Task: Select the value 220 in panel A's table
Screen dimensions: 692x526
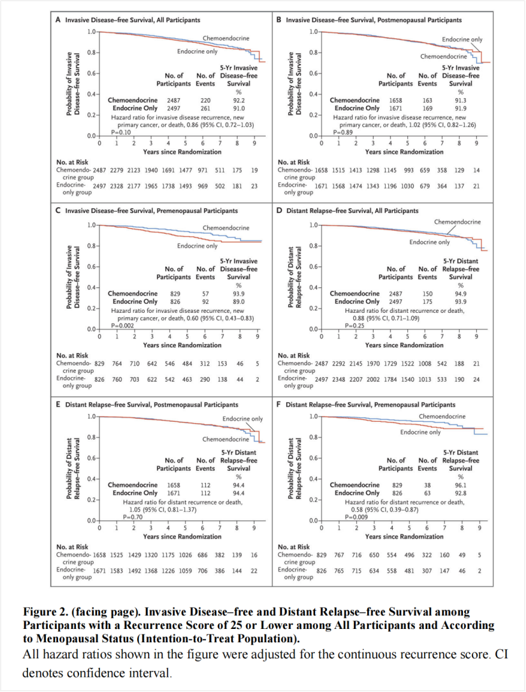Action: click(x=205, y=101)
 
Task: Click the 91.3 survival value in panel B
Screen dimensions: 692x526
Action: click(x=460, y=101)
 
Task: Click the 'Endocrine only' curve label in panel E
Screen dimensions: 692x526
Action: click(x=242, y=419)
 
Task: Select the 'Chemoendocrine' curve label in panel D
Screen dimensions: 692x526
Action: click(x=457, y=222)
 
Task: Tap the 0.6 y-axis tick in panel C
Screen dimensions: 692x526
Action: click(x=92, y=266)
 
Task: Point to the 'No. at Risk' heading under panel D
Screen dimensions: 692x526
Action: click(x=294, y=356)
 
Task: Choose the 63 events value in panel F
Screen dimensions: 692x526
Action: click(x=427, y=493)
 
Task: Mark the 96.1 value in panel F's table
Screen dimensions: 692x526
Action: click(x=460, y=485)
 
